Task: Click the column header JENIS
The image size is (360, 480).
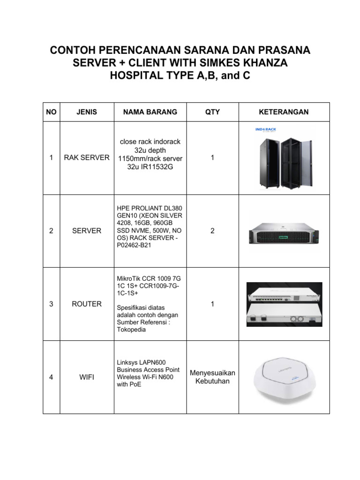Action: tap(87, 112)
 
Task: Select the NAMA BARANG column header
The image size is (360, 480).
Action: tap(150, 112)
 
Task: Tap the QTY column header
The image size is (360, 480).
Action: tap(212, 112)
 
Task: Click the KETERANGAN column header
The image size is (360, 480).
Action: tap(284, 112)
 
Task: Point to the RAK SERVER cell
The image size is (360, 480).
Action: tap(87, 158)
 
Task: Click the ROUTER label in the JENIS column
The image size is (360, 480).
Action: tap(87, 304)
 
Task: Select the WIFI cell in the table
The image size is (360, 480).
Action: tap(87, 377)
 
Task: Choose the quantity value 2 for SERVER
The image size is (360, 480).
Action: tap(212, 231)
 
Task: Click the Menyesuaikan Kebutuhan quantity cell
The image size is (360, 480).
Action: tap(212, 377)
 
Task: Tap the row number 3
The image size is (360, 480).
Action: tap(52, 304)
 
